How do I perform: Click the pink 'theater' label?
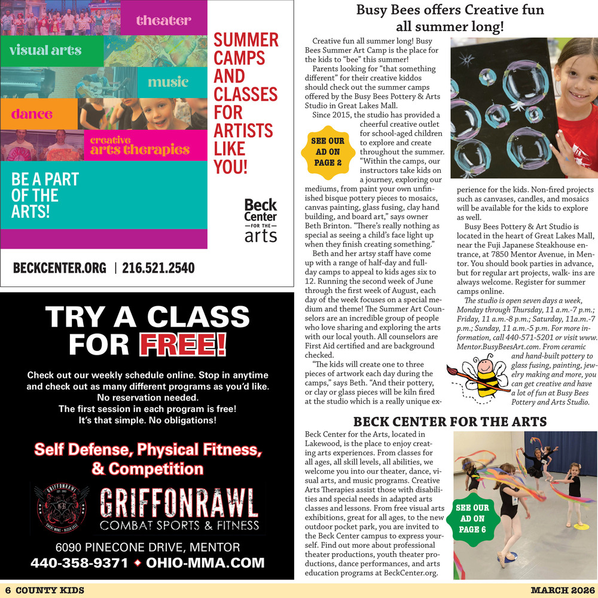click(x=163, y=20)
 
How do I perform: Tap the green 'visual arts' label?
click(x=45, y=50)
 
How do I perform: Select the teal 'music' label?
click(x=167, y=82)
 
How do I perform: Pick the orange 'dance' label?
click(x=32, y=114)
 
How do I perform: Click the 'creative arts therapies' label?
click(x=139, y=146)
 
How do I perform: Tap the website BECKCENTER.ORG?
click(x=60, y=268)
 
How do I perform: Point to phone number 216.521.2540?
click(x=158, y=268)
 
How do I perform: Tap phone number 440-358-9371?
click(x=79, y=563)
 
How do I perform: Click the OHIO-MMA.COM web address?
click(x=205, y=563)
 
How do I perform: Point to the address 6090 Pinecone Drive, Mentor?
click(x=148, y=547)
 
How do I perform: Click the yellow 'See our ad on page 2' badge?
click(x=328, y=152)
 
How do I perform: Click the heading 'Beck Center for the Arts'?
click(x=450, y=422)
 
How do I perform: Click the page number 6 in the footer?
click(x=8, y=590)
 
